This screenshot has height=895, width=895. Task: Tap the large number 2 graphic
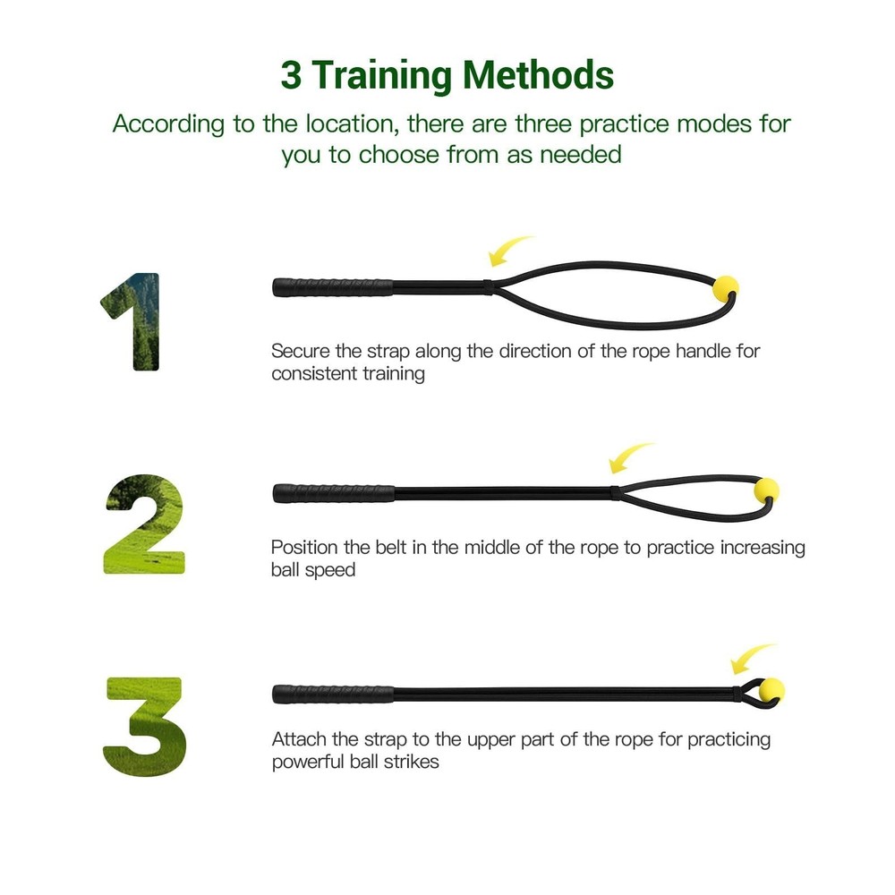point(143,524)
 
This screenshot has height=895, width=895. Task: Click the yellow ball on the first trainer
point(724,288)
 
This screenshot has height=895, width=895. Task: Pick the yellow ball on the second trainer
point(766,489)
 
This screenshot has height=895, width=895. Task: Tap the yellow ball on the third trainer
point(771,689)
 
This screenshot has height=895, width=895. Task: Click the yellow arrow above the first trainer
point(510,251)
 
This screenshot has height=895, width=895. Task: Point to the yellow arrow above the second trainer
point(630,457)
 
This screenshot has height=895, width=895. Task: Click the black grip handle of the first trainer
point(333,287)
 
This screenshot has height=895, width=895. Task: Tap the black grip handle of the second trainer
point(334,493)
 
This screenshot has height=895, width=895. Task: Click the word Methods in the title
point(538,75)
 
